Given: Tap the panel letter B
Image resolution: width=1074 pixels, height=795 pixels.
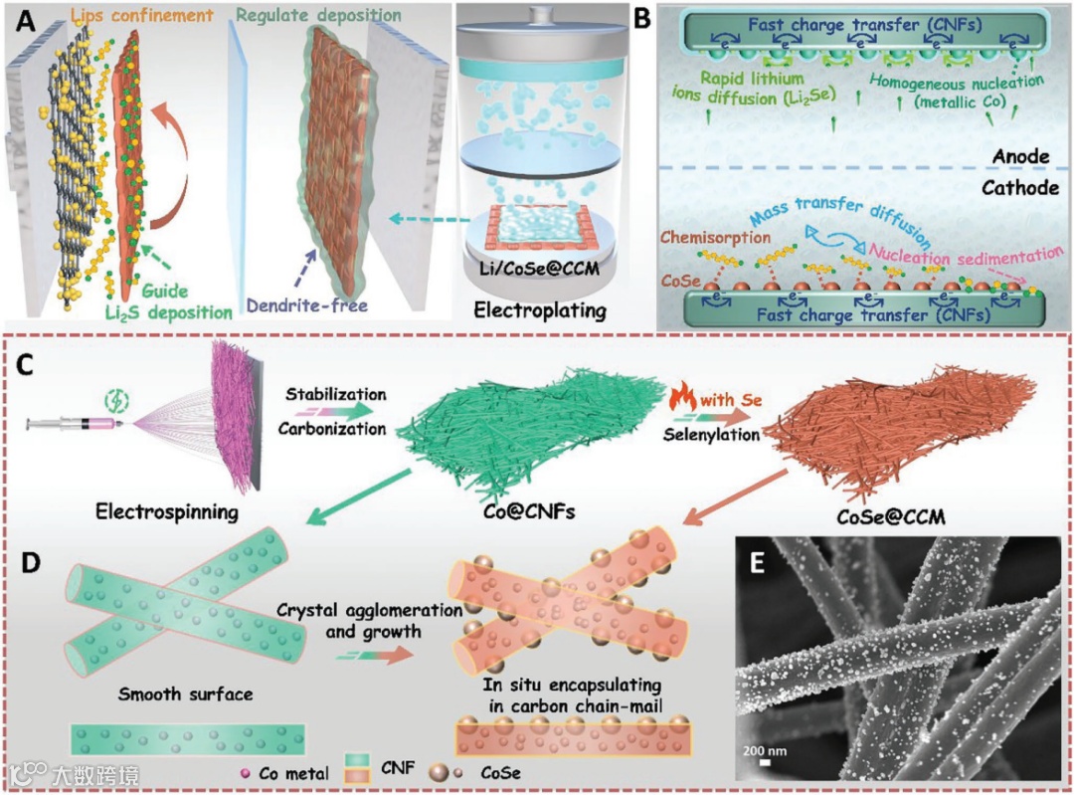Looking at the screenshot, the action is point(643,19).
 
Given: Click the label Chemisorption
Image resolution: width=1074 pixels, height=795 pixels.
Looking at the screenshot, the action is point(730,238).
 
